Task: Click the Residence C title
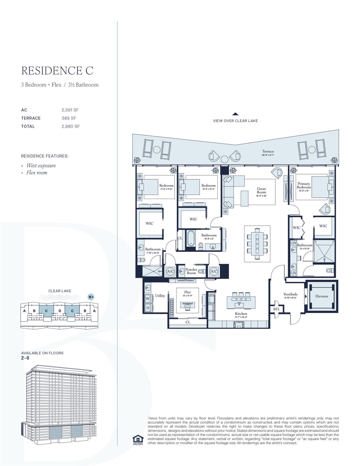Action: click(57, 70)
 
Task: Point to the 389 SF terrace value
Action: click(69, 118)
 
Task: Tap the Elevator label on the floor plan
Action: click(321, 296)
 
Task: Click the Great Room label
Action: click(261, 190)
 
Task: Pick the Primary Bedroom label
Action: click(304, 185)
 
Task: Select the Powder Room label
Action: click(191, 271)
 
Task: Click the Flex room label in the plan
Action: click(187, 292)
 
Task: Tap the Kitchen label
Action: click(241, 313)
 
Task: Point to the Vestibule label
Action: click(290, 294)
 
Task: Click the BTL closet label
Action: click(277, 309)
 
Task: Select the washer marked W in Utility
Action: click(148, 299)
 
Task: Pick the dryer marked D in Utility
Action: click(148, 308)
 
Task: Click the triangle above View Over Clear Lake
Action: click(235, 114)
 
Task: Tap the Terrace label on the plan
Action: click(268, 151)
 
